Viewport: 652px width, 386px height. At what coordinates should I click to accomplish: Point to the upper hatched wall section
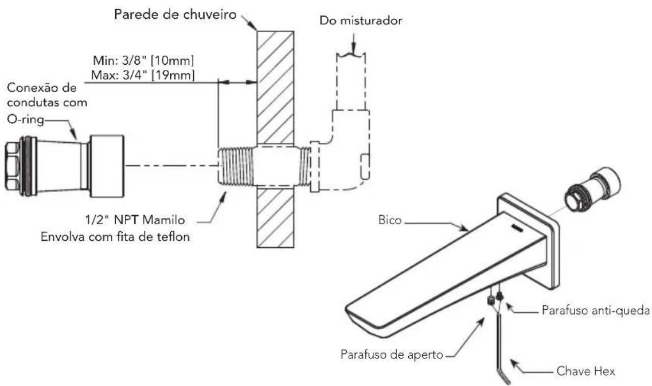pyautogui.click(x=275, y=86)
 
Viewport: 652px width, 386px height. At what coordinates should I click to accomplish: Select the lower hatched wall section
pyautogui.click(x=275, y=218)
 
